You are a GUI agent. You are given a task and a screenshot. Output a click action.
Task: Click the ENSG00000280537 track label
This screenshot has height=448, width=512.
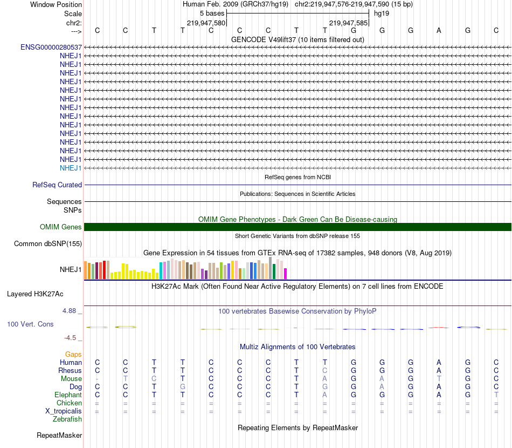point(51,47)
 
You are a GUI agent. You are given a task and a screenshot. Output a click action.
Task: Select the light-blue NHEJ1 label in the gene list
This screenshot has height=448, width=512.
point(71,168)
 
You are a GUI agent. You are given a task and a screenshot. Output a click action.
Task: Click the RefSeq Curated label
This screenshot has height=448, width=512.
point(57,185)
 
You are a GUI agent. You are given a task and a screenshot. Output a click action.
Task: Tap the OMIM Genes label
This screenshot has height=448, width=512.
point(61,227)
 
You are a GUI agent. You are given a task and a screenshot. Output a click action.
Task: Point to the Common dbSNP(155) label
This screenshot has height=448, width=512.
point(48,244)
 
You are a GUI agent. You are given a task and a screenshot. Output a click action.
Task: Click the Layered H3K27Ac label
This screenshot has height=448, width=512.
point(35,294)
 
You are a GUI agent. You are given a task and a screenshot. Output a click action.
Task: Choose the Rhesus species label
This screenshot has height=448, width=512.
point(70,371)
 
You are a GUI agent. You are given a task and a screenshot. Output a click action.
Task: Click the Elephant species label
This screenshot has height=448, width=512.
point(68,395)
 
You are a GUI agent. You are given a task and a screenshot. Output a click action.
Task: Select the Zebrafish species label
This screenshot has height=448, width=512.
point(67,419)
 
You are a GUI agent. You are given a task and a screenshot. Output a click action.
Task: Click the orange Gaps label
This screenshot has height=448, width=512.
point(73,354)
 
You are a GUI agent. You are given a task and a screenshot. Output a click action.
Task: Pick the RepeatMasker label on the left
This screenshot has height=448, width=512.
point(59,435)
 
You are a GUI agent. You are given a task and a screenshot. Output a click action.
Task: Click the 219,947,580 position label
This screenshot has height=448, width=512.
point(206,23)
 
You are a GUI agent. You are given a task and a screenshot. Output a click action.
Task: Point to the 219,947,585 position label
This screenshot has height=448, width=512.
point(349,23)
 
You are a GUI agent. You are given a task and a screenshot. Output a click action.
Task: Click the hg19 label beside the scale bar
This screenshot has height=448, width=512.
point(382,13)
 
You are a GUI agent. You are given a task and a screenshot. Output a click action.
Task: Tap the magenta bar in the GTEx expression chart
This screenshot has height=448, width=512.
point(285,274)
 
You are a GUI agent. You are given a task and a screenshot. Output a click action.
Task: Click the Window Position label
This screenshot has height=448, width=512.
point(56,4)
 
